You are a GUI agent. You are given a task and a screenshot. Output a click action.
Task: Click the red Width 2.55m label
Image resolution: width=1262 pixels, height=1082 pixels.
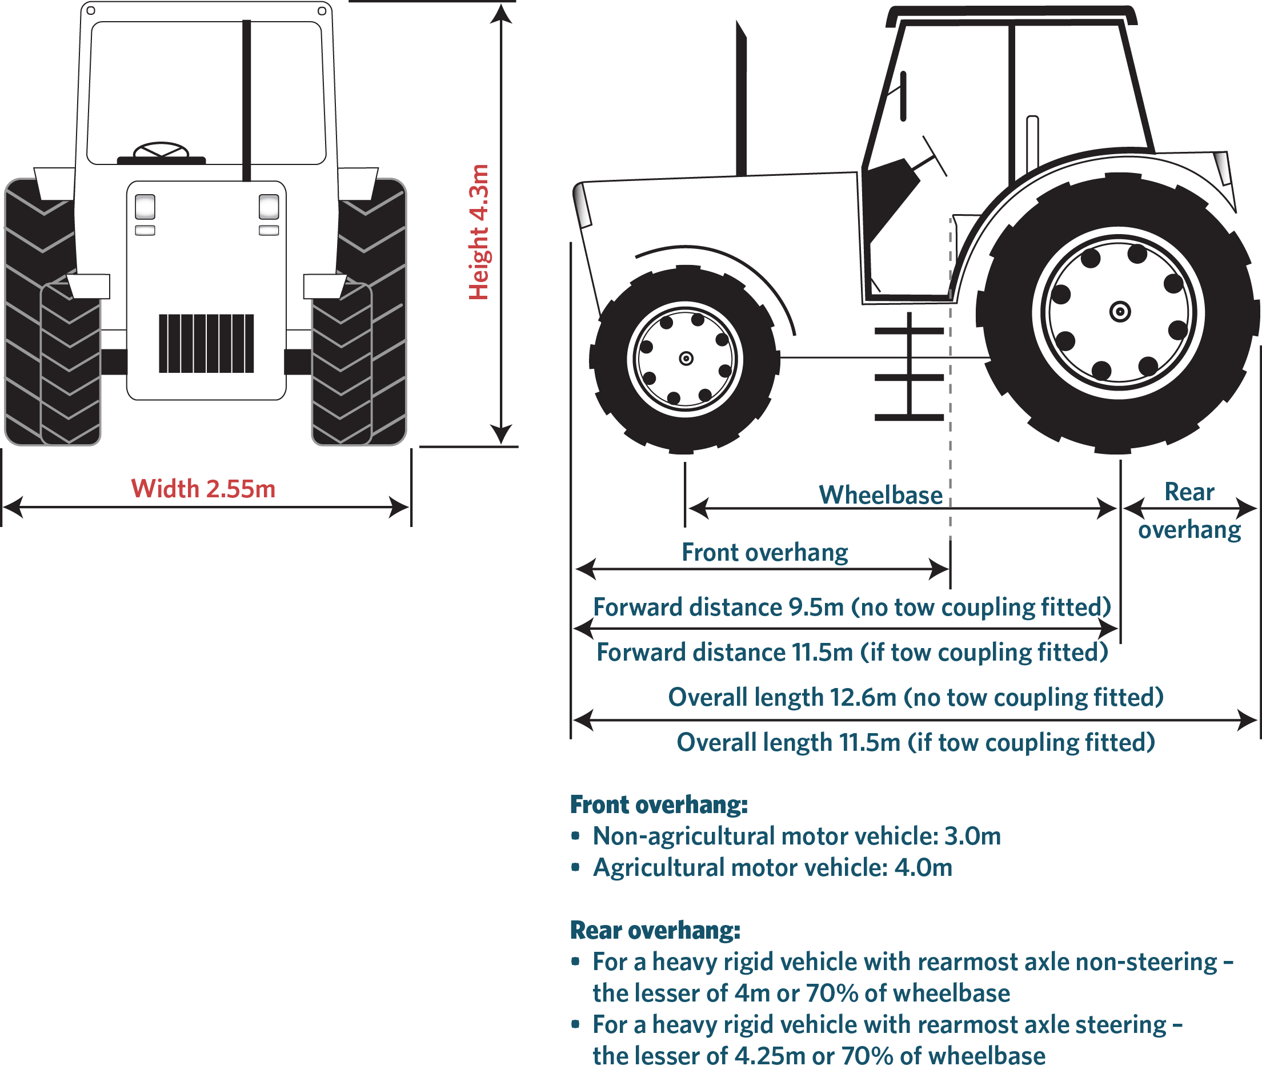(x=203, y=489)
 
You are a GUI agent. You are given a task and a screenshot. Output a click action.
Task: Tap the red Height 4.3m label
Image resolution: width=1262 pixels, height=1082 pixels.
(x=479, y=232)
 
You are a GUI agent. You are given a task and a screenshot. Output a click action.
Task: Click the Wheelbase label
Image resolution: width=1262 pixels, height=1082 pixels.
(x=880, y=494)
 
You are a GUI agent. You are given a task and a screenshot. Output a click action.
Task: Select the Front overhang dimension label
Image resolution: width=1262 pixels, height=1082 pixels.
(x=764, y=552)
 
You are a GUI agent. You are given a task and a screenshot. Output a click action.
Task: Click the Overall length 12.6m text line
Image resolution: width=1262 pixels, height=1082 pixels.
(x=915, y=697)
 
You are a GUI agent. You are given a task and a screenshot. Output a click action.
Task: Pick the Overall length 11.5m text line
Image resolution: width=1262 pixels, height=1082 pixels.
(x=915, y=742)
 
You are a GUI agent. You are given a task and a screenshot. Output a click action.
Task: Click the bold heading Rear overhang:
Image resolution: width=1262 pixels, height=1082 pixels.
(x=655, y=930)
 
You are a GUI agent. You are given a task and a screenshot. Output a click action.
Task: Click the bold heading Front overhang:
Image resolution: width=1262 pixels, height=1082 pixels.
(x=658, y=805)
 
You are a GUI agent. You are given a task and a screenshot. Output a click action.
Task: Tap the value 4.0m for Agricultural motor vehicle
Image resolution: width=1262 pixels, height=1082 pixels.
(x=923, y=868)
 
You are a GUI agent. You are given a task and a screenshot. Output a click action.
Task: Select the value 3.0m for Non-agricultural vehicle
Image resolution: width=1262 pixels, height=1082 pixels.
(x=972, y=836)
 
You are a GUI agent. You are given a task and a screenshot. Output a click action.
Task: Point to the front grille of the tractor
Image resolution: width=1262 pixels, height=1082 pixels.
(x=206, y=343)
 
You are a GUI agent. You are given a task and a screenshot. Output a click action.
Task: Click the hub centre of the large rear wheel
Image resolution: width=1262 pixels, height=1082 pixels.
(x=1120, y=312)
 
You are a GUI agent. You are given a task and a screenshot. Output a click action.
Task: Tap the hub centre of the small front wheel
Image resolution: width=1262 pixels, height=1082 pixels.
(x=686, y=359)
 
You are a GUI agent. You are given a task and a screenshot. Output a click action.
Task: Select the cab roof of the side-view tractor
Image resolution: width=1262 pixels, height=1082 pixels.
(x=1011, y=16)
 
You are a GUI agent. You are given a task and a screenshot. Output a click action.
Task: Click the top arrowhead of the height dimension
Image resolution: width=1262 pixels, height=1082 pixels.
(x=500, y=13)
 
